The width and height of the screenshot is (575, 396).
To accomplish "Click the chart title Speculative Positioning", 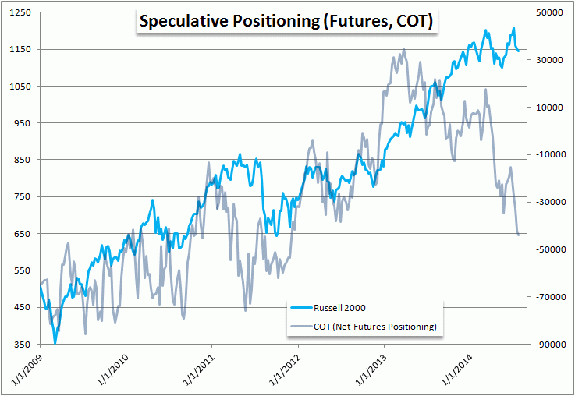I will (x=285, y=22).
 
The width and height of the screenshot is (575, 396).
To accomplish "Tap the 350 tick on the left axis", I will (x=23, y=344).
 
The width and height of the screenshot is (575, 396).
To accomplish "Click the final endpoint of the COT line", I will (x=519, y=234).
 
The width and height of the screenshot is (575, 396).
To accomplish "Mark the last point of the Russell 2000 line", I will (x=518, y=51).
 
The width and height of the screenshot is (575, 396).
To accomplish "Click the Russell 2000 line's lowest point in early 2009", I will (x=55, y=342).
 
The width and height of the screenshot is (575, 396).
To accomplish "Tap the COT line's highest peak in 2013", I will (x=403, y=49).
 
